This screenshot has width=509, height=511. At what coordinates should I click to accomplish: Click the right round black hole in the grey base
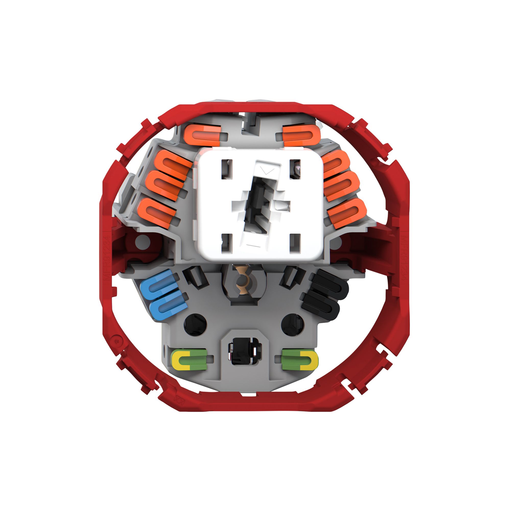[x=292, y=325]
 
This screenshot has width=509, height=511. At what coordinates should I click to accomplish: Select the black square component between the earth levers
[x=245, y=351]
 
